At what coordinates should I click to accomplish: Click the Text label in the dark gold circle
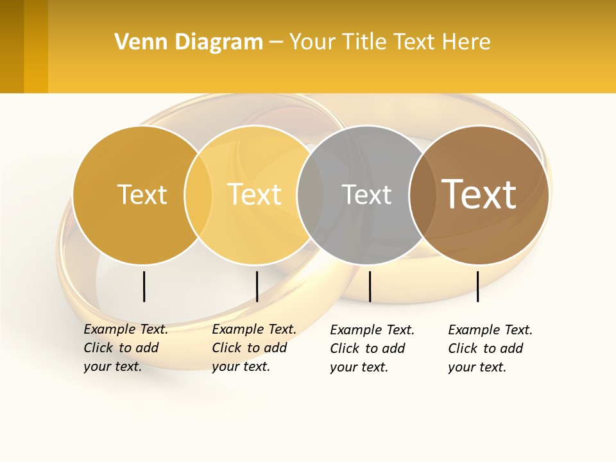tap(142, 194)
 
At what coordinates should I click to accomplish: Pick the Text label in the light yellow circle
tap(254, 194)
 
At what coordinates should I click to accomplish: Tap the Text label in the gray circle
tap(366, 195)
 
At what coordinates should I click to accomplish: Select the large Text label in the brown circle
tap(479, 194)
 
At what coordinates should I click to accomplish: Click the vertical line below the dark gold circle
tap(144, 286)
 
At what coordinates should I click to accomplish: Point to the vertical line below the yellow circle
tap(257, 286)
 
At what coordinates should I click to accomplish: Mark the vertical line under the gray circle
tap(370, 286)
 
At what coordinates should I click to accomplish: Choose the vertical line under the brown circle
tap(477, 286)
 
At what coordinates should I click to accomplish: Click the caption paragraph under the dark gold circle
tap(126, 348)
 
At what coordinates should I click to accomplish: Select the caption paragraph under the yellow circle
tap(254, 348)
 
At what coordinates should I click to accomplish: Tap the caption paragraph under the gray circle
tap(372, 348)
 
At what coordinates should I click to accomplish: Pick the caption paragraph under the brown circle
tap(490, 348)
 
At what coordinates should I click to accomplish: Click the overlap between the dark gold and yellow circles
tap(198, 195)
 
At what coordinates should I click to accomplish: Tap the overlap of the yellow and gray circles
tap(311, 195)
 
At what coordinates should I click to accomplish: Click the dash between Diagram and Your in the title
tap(276, 42)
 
